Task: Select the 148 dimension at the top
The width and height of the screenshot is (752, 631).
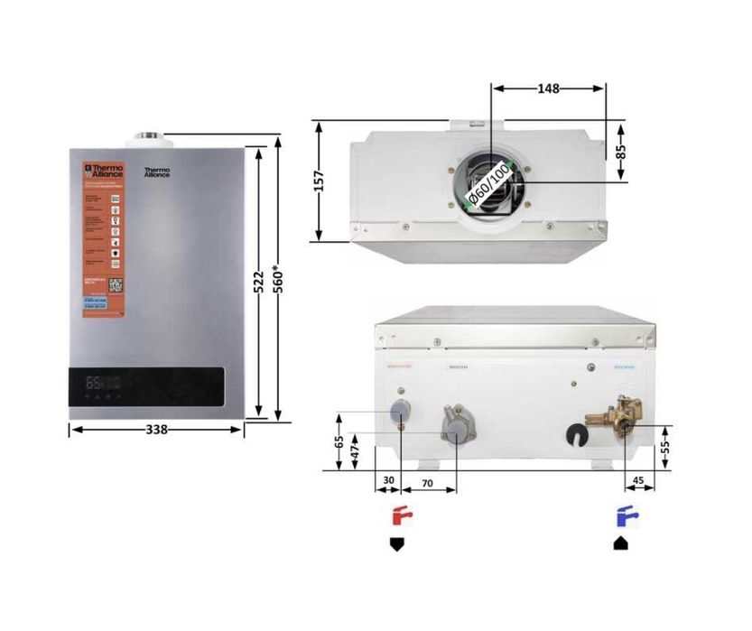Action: click(x=548, y=88)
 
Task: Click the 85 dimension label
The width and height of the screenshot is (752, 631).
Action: click(x=621, y=151)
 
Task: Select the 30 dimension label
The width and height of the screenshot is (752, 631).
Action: click(x=389, y=483)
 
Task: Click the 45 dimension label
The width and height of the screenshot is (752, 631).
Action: click(x=638, y=483)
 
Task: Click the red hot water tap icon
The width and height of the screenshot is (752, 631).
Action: click(x=400, y=517)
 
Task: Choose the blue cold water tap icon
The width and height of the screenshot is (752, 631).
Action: click(x=625, y=517)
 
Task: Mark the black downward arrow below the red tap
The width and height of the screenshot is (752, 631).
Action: click(x=396, y=545)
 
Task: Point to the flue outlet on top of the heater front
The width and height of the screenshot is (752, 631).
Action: click(x=151, y=138)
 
